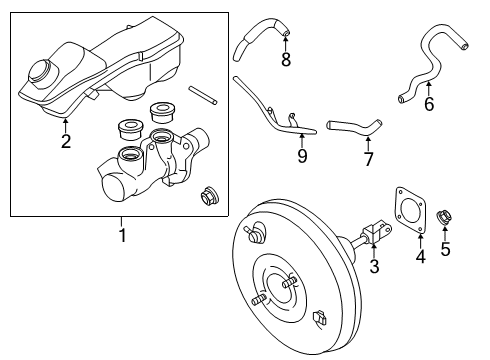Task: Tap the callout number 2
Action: click(x=66, y=141)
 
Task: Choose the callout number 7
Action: click(x=368, y=159)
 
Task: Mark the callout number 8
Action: click(x=285, y=59)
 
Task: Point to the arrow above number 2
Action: click(x=66, y=124)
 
